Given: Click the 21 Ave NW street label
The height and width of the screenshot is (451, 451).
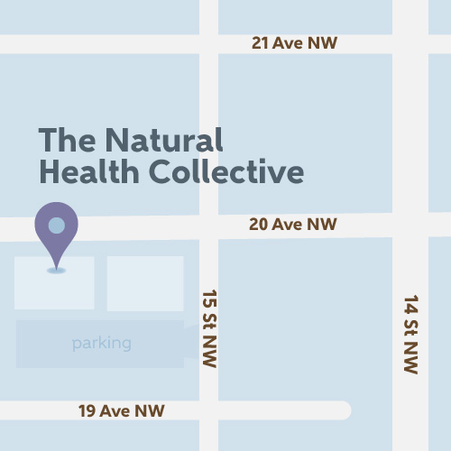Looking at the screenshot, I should (x=294, y=43).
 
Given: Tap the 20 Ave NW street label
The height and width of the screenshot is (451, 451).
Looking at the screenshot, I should (x=293, y=224).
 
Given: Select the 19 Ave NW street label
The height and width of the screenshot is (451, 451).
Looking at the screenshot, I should (x=122, y=411).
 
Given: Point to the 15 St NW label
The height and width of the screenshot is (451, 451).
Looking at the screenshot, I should (x=209, y=328).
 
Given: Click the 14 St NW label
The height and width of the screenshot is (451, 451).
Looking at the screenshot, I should (x=410, y=334).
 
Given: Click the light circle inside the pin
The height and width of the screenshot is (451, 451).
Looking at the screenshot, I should (x=56, y=225).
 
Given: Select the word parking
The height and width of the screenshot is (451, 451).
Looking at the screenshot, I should (x=102, y=344).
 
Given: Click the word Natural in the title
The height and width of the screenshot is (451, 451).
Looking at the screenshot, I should (x=163, y=140).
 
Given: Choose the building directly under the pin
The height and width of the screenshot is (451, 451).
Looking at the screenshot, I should (x=54, y=284).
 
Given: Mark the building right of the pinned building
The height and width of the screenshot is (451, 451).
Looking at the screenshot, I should (x=145, y=283).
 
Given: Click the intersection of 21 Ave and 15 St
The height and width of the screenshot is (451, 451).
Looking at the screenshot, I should (x=208, y=43).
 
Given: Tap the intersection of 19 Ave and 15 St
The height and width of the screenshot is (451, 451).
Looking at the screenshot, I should (x=208, y=410).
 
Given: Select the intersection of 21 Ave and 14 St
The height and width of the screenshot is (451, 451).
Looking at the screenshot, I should (x=410, y=43).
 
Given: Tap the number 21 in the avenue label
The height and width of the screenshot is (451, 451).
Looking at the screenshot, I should (x=262, y=43).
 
